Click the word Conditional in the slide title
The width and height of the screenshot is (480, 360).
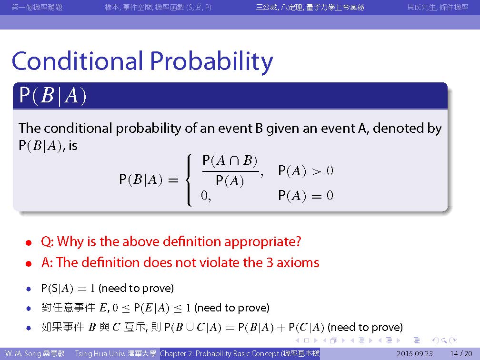(78, 60)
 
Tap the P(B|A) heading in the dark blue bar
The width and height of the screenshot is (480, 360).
(53, 96)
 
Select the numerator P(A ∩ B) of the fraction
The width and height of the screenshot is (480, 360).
(230, 161)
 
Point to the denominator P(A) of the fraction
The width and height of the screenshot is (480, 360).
(230, 180)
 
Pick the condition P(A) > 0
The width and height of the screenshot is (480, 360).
(306, 170)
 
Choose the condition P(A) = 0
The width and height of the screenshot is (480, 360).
(306, 195)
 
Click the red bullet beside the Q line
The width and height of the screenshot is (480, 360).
(29, 243)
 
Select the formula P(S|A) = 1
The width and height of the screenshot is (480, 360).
(68, 289)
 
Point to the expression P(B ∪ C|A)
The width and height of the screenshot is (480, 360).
(193, 328)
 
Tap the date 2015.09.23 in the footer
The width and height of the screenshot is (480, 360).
(415, 353)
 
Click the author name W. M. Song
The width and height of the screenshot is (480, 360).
(24, 353)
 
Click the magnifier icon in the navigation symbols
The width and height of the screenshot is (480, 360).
(444, 340)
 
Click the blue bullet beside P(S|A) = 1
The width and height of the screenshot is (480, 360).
(29, 289)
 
